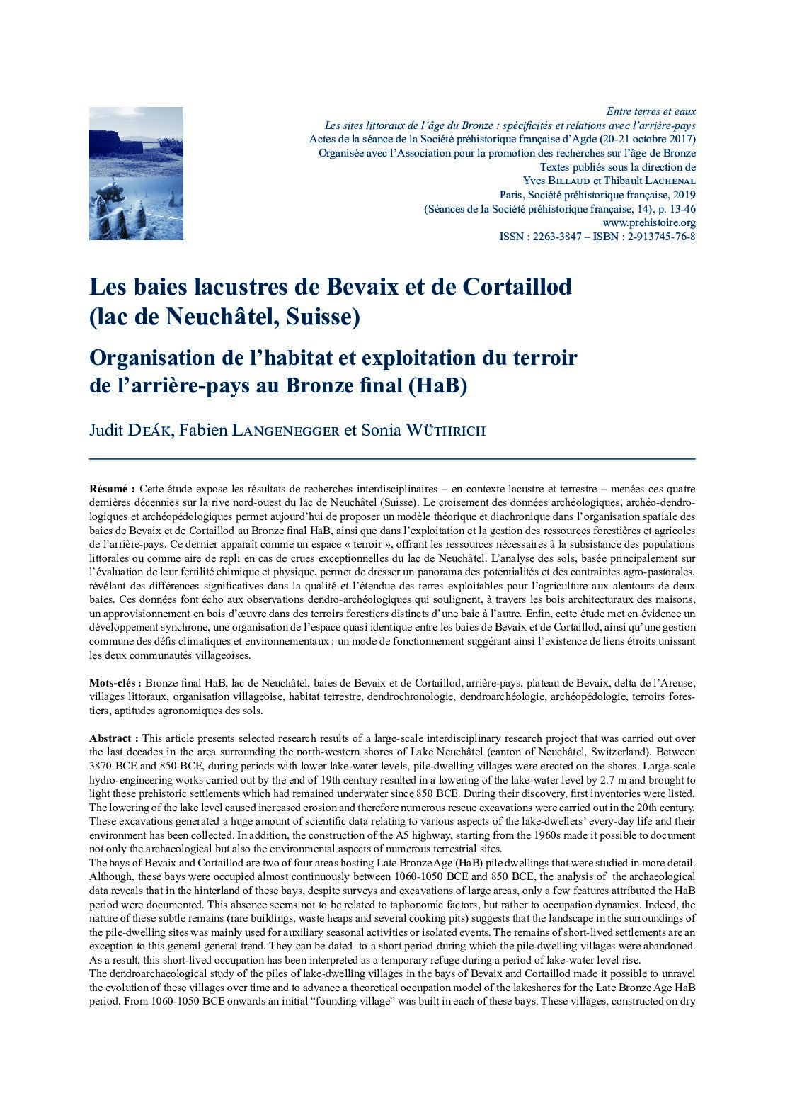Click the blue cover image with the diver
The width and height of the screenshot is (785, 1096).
coord(136,173)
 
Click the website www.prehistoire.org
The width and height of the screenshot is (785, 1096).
coord(649,222)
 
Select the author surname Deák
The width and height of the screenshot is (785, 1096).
coord(149,430)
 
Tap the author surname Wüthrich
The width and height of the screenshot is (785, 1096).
coord(445,430)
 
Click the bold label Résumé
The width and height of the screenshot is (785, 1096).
coord(112,489)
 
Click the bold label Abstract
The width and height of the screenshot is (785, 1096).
coord(113,738)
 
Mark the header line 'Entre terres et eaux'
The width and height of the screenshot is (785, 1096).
coord(651,111)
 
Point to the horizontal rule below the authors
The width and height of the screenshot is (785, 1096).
coord(392,459)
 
